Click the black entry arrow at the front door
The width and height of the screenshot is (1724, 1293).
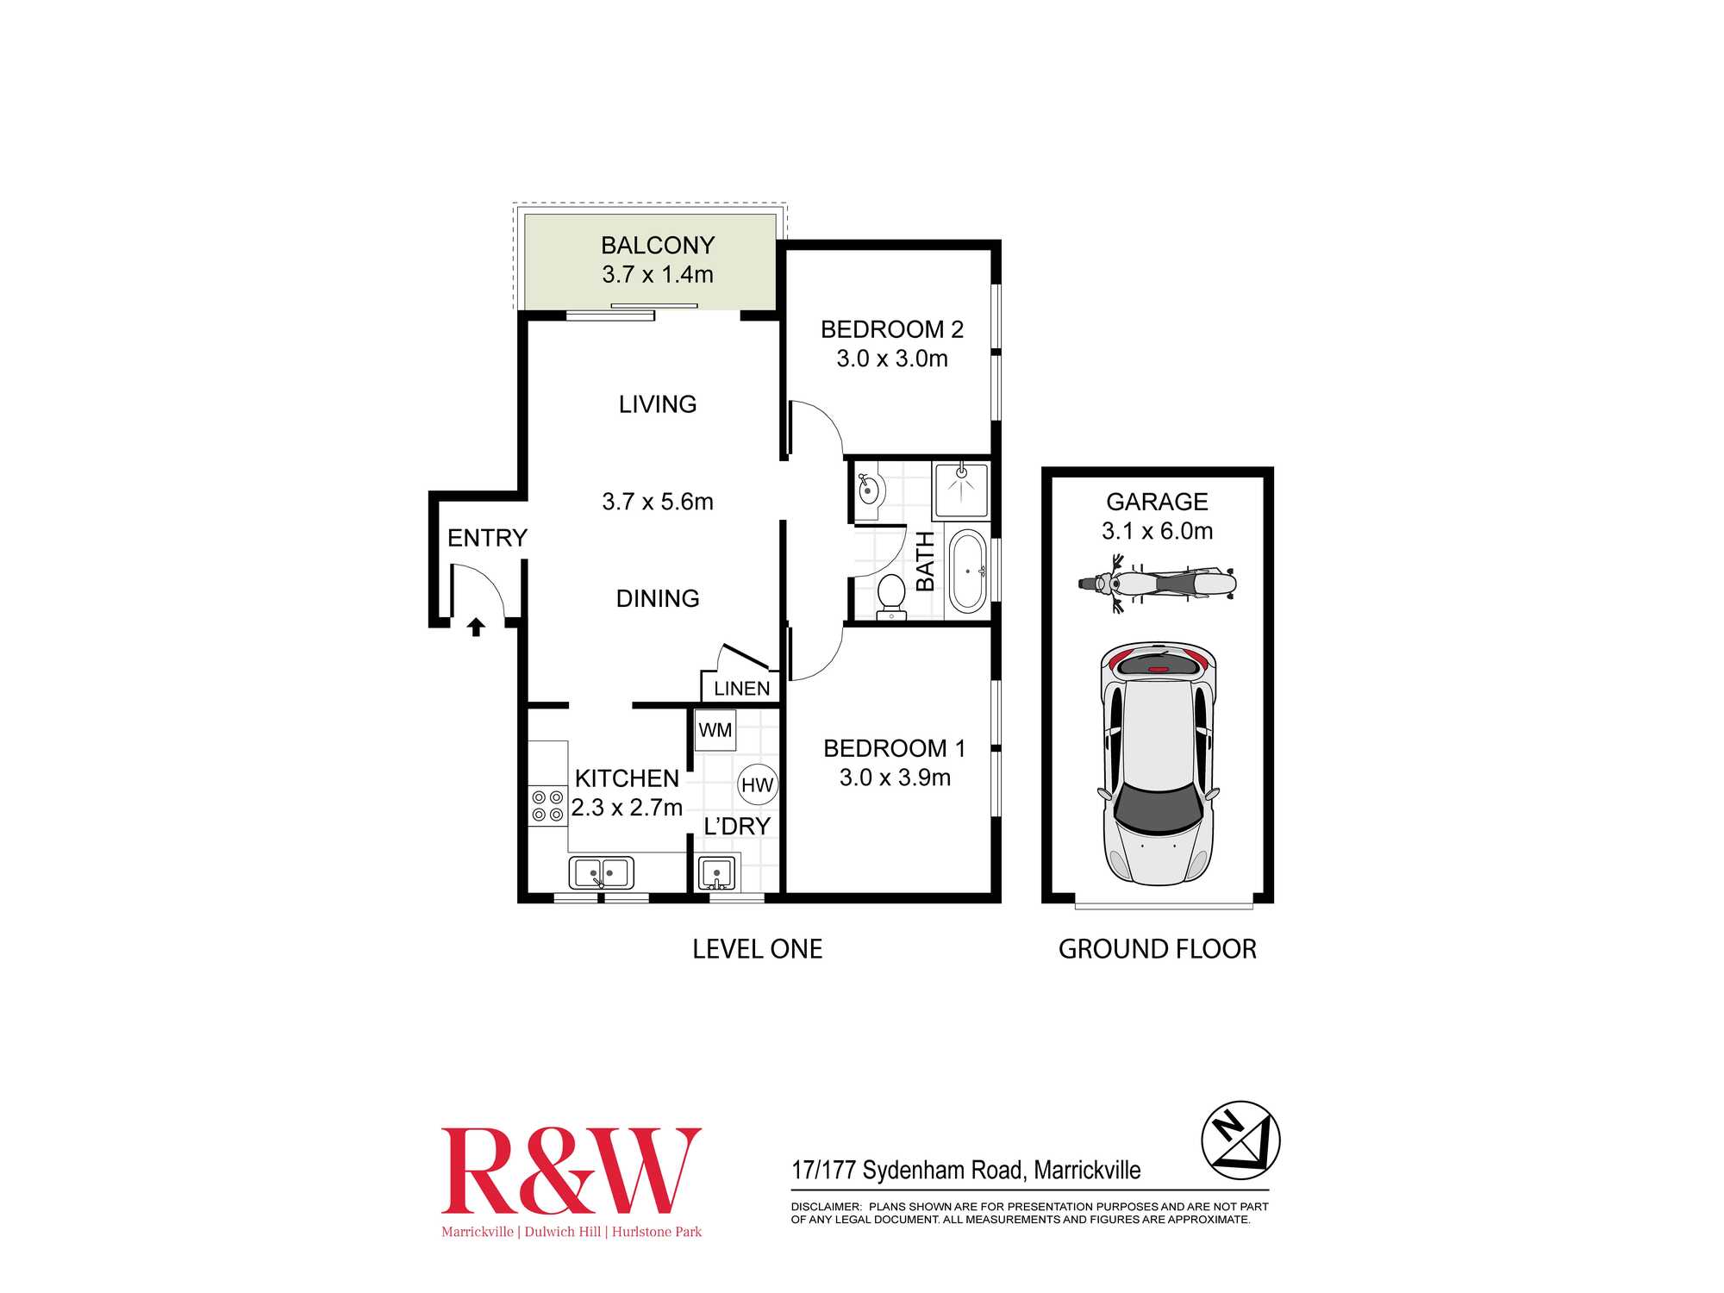(476, 627)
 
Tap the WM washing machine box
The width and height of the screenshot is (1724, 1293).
(715, 730)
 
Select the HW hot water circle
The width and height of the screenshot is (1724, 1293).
(757, 784)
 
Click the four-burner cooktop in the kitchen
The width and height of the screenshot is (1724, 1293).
(547, 806)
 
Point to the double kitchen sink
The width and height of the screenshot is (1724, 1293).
(601, 872)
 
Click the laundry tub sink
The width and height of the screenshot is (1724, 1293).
(716, 873)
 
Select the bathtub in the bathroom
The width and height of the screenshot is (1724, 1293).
(967, 571)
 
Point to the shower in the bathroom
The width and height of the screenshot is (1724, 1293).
(960, 488)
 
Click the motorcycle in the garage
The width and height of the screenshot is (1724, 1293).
(1157, 584)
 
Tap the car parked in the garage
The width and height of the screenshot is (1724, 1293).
(1158, 764)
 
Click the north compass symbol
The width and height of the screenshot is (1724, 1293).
(1240, 1140)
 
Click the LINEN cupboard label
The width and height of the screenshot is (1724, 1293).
(741, 689)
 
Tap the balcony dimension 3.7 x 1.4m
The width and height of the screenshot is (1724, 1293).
(658, 275)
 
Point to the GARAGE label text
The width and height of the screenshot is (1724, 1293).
(1157, 502)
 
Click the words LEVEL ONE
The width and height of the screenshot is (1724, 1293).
(758, 949)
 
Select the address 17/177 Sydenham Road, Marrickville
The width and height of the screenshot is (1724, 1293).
(965, 1170)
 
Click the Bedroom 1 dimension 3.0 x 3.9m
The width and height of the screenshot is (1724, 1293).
(895, 778)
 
